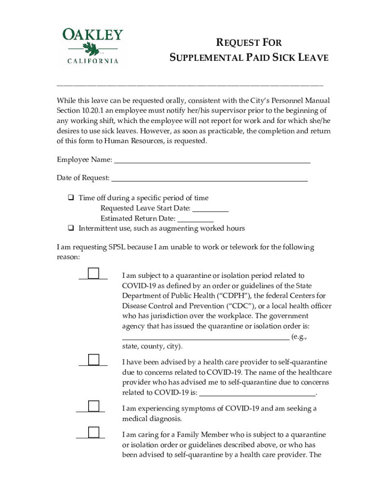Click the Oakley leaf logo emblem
[92, 48]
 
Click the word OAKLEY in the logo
[93, 35]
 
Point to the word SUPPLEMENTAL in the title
[206, 58]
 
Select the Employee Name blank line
[212, 162]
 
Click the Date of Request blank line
[209, 180]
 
